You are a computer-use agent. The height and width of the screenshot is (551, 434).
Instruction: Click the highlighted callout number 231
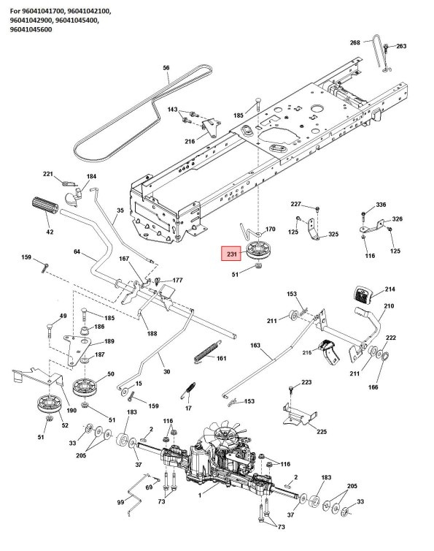[232, 254]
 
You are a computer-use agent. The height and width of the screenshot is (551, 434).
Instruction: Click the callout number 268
[355, 43]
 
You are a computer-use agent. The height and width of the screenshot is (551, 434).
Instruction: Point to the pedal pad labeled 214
[363, 294]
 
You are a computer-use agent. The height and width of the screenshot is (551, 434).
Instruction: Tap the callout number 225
[322, 432]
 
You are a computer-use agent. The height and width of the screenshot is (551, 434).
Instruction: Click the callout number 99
[120, 503]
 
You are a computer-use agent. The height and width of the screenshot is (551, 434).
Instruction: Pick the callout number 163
[255, 344]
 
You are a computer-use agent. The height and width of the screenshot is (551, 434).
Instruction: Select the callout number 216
[190, 141]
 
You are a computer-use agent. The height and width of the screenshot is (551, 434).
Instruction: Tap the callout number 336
[381, 204]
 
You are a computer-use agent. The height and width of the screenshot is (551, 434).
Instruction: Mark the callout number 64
[77, 252]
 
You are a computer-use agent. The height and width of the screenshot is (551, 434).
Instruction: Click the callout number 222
[390, 338]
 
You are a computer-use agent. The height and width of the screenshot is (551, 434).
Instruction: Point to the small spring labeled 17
[190, 390]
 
